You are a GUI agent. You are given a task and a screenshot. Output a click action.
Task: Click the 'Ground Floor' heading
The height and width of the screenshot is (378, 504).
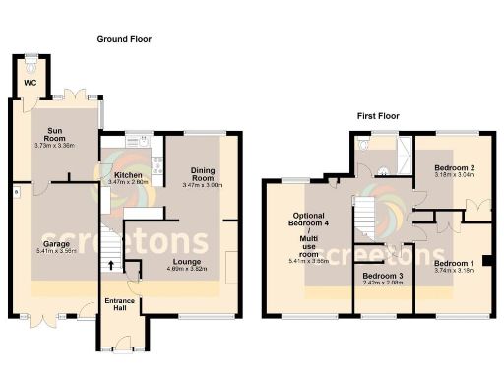point(123,39)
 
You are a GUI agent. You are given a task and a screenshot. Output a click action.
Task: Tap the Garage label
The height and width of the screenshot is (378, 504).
point(55,243)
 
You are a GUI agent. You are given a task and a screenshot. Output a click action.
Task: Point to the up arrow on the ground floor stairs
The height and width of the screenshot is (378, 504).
point(110,265)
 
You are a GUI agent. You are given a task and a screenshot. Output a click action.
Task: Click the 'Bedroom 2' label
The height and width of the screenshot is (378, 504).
point(457,168)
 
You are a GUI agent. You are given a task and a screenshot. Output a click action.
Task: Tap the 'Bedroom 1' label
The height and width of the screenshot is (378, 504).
point(454,264)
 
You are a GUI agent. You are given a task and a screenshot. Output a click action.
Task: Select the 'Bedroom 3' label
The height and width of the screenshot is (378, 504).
point(382,277)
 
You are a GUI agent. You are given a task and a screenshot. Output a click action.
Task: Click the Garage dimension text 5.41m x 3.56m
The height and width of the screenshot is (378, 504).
point(55,251)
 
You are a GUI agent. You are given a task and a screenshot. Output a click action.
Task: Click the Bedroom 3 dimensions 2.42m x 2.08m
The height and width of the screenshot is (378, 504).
point(382,284)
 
